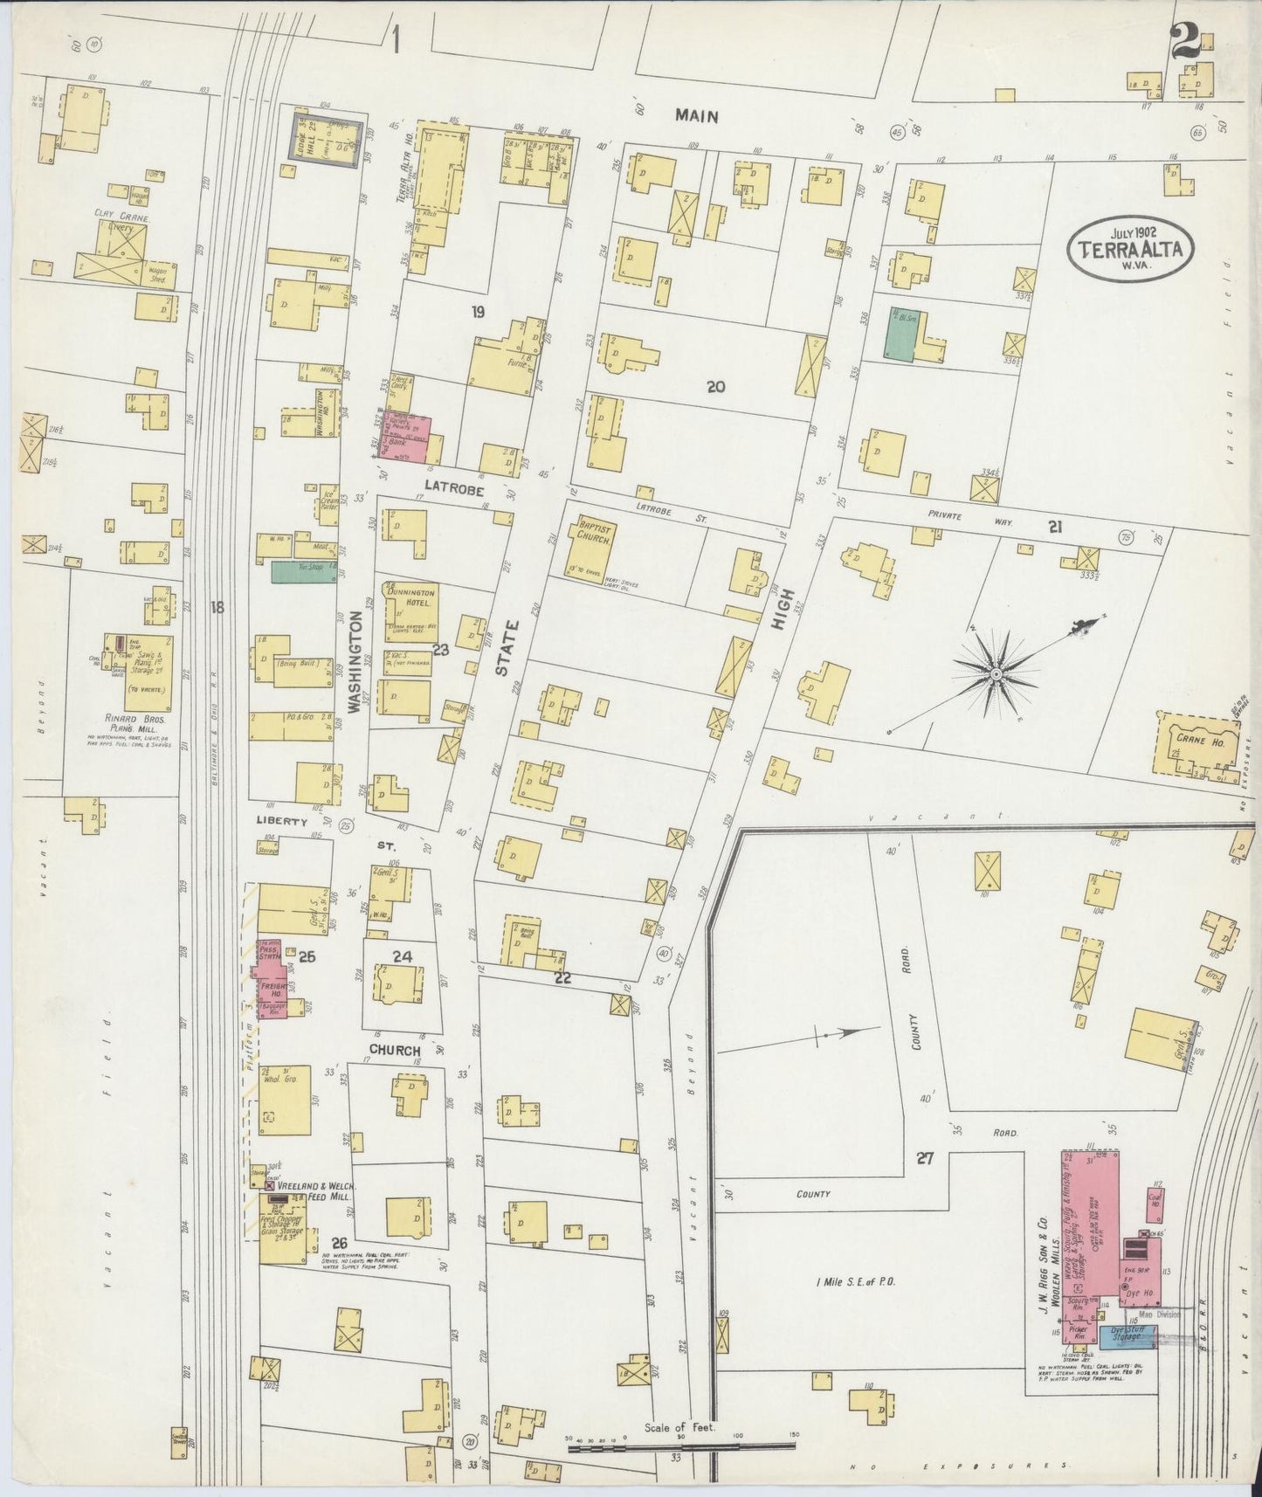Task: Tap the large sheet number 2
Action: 1184,42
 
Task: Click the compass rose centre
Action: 995,673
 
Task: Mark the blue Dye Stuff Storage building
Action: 1128,1334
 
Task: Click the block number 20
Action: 716,386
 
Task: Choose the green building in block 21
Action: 899,333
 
